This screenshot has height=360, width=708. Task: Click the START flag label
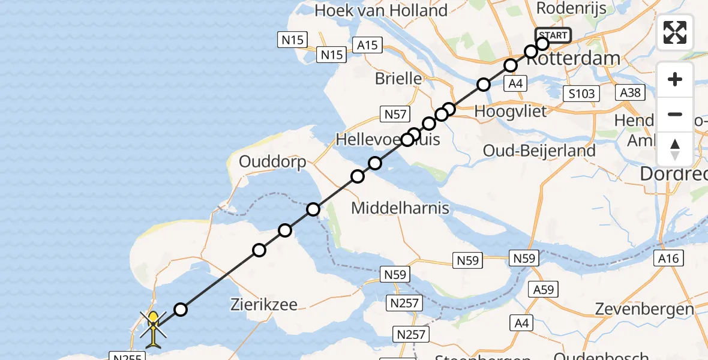(x=553, y=35)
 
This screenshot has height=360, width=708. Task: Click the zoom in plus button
(x=675, y=80)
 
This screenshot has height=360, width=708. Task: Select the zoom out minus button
(x=675, y=114)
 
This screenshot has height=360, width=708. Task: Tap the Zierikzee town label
(x=264, y=304)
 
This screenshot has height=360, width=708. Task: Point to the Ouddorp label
(x=272, y=162)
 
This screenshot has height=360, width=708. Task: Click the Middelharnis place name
(x=400, y=209)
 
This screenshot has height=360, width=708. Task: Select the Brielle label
(x=398, y=78)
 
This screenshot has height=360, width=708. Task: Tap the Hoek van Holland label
(x=381, y=10)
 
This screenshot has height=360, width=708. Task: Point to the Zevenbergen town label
(x=644, y=310)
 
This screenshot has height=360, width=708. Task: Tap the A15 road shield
(x=368, y=45)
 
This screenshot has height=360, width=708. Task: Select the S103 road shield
(x=582, y=93)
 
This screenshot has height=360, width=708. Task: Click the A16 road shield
(x=668, y=258)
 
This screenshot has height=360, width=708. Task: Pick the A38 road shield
(x=631, y=92)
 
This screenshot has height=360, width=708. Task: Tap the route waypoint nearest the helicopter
(x=181, y=310)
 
